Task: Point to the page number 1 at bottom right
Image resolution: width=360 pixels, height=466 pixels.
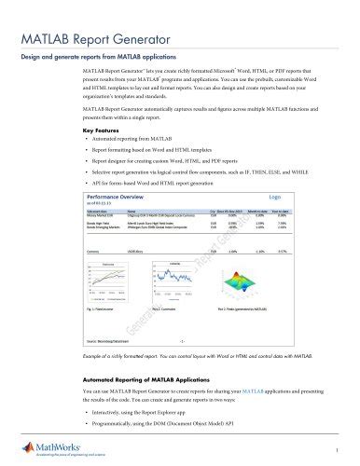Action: (348, 451)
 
